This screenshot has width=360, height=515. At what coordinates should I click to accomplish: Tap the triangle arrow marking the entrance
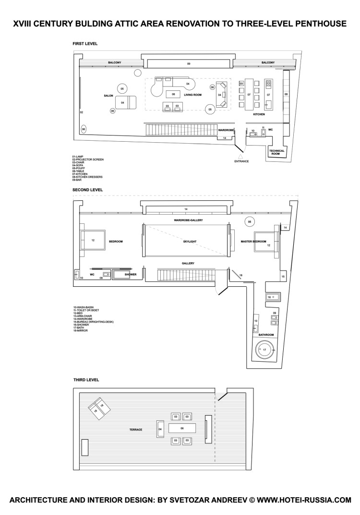tap(241, 156)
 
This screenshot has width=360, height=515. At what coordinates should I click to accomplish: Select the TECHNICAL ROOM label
tap(277, 152)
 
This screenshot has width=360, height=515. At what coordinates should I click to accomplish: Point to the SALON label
tap(108, 96)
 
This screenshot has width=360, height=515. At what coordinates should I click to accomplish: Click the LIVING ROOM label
tap(192, 95)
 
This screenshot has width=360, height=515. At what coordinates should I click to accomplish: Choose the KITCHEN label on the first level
tap(259, 114)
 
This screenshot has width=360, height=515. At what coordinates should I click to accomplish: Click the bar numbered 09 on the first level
tap(189, 63)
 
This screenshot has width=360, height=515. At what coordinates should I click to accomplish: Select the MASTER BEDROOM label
tap(253, 242)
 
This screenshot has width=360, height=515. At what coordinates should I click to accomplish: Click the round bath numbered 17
tap(264, 349)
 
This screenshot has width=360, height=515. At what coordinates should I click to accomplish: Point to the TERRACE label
tap(136, 429)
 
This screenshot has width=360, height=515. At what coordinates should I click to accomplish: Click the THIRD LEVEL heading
tap(86, 380)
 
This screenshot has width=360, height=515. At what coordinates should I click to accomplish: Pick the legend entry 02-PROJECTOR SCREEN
tap(88, 159)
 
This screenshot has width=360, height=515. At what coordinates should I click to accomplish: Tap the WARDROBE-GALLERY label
tap(188, 220)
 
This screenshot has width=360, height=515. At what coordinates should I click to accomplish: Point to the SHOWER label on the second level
tap(131, 275)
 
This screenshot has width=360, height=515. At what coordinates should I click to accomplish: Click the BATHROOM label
tap(266, 334)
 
